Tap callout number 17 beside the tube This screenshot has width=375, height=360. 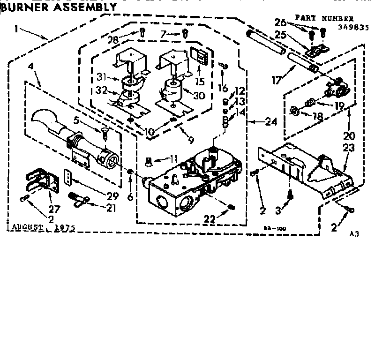(x=277, y=80)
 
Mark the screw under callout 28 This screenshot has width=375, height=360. (x=142, y=32)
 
